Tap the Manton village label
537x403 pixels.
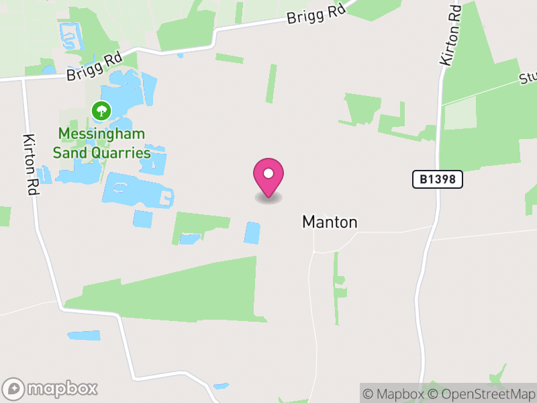(330, 222)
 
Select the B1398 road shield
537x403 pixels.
(438, 179)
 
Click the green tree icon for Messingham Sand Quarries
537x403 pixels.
(101, 110)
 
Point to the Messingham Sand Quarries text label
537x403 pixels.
(101, 143)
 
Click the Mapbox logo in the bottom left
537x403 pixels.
(51, 388)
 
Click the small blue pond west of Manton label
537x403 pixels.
(252, 232)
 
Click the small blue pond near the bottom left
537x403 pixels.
(84, 335)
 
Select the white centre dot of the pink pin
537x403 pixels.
(268, 173)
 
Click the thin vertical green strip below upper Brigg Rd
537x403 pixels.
(271, 83)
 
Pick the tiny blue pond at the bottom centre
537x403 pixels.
(221, 386)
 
